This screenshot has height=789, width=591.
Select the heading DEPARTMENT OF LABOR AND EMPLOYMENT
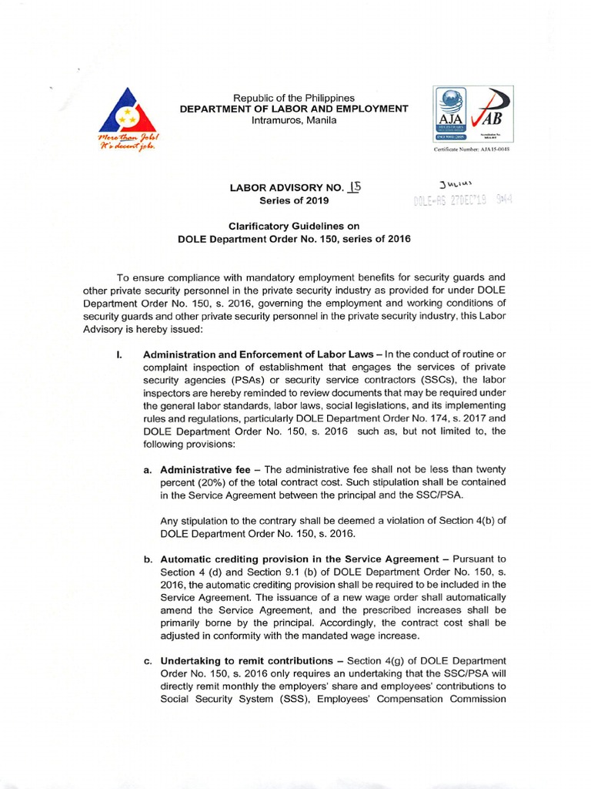(x=294, y=109)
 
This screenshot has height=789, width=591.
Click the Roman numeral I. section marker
(x=117, y=332)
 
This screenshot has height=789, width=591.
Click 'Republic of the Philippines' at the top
(x=294, y=98)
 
